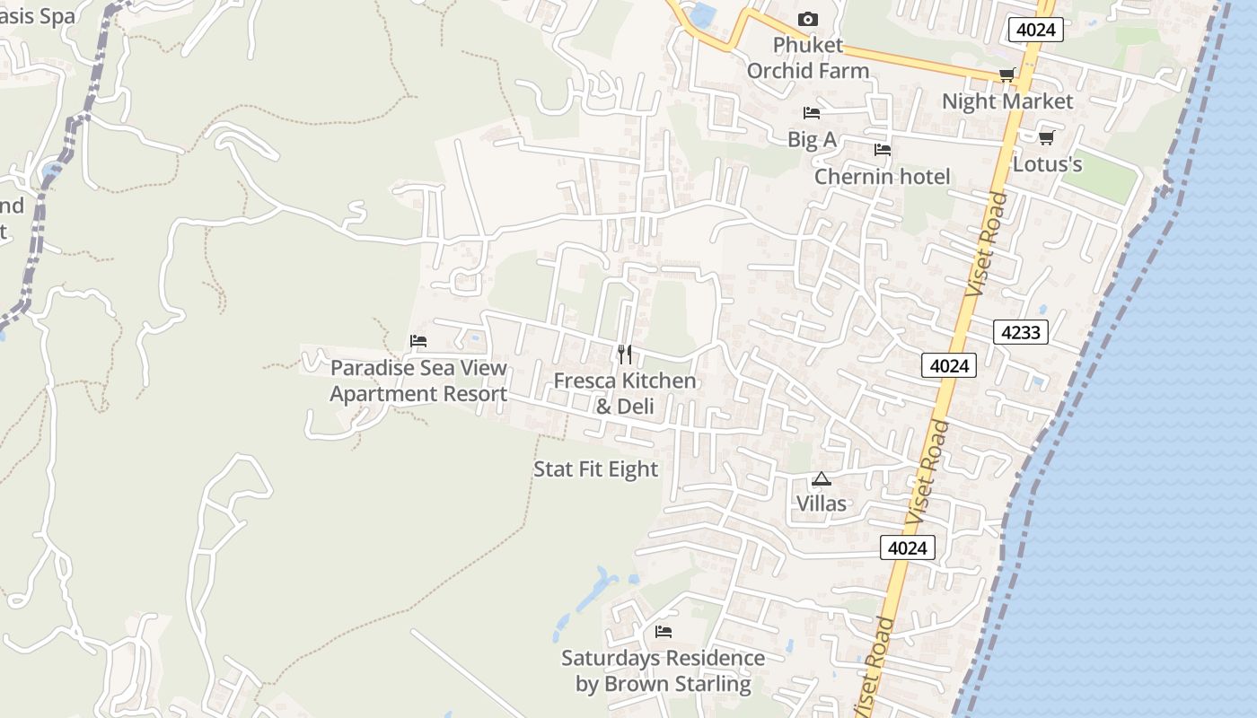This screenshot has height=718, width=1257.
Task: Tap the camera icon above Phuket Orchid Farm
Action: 807,19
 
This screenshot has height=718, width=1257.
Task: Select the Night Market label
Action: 1006,101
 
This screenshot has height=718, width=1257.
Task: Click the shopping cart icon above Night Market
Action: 1006,75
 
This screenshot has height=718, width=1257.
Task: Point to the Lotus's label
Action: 1047,164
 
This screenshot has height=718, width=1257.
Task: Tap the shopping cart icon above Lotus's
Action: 1046,137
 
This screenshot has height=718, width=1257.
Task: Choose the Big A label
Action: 812,139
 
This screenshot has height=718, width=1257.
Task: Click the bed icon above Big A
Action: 812,113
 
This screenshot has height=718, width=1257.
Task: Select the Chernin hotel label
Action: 882,176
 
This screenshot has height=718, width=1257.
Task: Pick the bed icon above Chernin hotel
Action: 883,150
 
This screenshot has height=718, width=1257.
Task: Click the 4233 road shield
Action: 1021,332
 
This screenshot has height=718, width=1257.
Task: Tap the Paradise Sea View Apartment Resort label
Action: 418,381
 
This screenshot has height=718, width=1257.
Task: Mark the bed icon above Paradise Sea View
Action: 418,341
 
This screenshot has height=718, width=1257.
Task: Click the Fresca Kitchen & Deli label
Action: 625,393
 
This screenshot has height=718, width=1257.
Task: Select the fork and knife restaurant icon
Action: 625,355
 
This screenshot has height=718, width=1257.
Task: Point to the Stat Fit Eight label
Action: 596,468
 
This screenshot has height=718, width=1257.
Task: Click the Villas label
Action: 822,503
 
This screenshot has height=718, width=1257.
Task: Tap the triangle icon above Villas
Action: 822,479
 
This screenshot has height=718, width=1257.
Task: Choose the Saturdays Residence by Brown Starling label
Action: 664,670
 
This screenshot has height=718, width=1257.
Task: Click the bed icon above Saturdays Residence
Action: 664,632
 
